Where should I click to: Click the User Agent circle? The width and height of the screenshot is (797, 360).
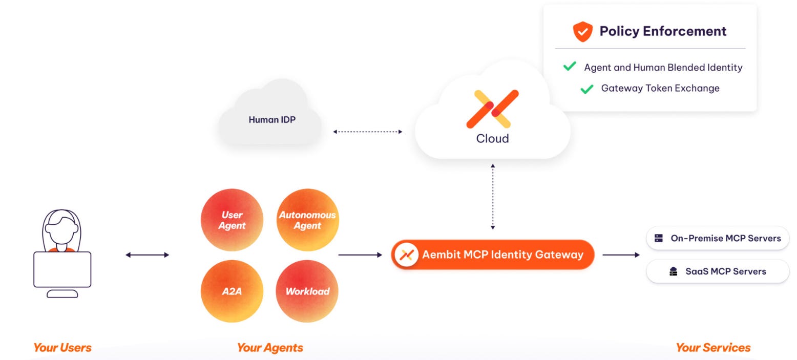point(232,220)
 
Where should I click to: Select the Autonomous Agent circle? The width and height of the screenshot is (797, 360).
point(307,220)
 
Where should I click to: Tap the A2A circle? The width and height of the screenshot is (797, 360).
point(232,291)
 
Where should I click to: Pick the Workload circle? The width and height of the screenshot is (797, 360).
point(307,291)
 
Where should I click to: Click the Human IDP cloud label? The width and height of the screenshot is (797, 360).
point(272,120)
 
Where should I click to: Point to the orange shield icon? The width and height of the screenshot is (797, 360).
point(582,32)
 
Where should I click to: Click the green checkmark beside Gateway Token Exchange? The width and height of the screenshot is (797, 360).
point(586,89)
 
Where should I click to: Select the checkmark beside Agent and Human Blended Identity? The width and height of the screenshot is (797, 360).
point(569,67)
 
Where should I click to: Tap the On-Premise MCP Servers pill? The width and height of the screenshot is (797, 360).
point(718,238)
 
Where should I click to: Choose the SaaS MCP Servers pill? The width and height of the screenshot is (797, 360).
point(718,271)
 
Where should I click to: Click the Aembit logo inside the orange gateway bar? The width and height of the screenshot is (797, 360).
point(406,255)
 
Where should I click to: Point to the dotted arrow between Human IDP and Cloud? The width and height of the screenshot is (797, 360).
point(367,132)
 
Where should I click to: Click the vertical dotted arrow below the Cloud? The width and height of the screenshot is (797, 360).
point(493,197)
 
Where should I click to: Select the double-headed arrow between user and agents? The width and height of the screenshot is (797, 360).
point(147,255)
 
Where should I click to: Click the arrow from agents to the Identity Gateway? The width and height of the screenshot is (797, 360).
point(360,255)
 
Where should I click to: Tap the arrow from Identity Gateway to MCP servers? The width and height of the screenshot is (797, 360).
point(621,255)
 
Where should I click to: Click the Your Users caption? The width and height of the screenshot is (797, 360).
point(62,348)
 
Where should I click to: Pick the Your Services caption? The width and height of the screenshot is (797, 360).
point(713,348)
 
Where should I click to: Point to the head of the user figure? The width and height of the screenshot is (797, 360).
point(61,225)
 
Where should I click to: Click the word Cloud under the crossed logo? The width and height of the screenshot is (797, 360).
point(492,138)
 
